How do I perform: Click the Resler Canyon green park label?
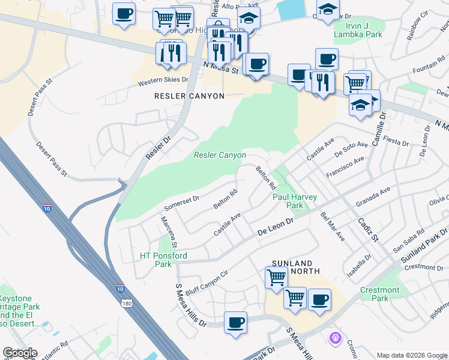[220, 155]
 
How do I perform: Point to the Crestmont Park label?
[379, 294]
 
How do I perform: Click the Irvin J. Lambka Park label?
[364, 31]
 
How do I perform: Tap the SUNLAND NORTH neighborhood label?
[292, 268]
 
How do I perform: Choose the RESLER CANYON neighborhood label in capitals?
[189, 96]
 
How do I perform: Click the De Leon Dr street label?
[275, 227]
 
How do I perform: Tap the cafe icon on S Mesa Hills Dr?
[235, 322]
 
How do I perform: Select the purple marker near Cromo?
[334, 339]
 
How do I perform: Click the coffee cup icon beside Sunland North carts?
[319, 299]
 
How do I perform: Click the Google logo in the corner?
[20, 353]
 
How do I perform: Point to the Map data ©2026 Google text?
[411, 355]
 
